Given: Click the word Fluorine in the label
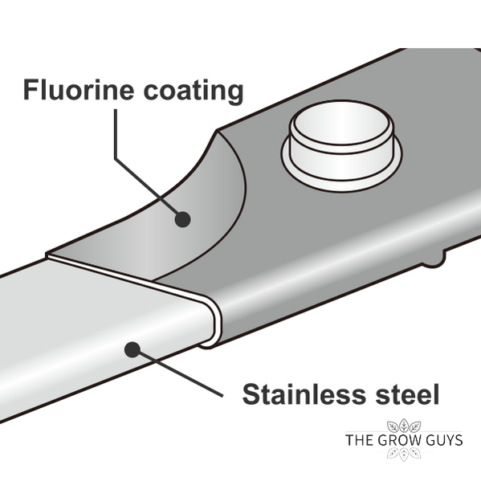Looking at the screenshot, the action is tap(79, 90).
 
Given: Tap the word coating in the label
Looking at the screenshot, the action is tap(194, 91).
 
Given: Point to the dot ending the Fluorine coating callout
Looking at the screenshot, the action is tap(182, 219).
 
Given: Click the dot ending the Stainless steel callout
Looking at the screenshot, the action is tap(132, 349).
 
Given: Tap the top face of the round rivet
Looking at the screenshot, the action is tap(341, 123).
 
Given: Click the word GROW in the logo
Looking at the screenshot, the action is tap(395, 440).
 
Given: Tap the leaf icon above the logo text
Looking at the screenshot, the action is tap(404, 426).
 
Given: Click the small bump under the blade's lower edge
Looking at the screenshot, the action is tap(434, 260).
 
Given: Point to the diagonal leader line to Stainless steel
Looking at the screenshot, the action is tap(181, 374).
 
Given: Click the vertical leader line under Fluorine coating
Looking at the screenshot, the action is tap(116, 134).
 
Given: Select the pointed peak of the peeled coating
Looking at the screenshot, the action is tap(217, 131).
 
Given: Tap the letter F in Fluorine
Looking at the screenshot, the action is tap(31, 90).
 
